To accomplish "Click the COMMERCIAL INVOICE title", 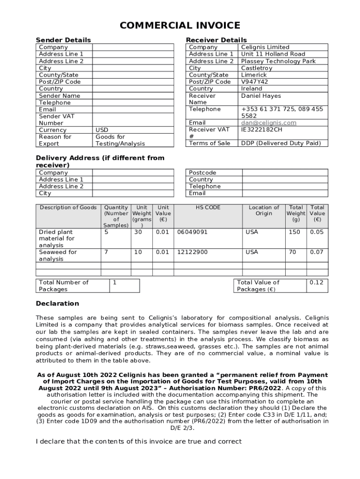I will (180, 26).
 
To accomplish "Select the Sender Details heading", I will (64, 40).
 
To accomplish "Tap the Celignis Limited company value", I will (265, 47).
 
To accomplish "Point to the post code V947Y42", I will (254, 82).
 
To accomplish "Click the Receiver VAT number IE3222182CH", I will (261, 130).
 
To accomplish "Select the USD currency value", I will (101, 130).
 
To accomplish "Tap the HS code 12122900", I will (192, 252).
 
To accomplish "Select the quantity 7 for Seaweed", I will (106, 252).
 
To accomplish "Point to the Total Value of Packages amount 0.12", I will (317, 283).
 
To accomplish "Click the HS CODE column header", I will (208, 208).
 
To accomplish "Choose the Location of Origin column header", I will (264, 210).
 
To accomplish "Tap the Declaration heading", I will (58, 304).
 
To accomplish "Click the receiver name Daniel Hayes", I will (261, 96).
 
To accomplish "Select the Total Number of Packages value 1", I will (115, 283).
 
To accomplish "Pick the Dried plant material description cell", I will (57, 239).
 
